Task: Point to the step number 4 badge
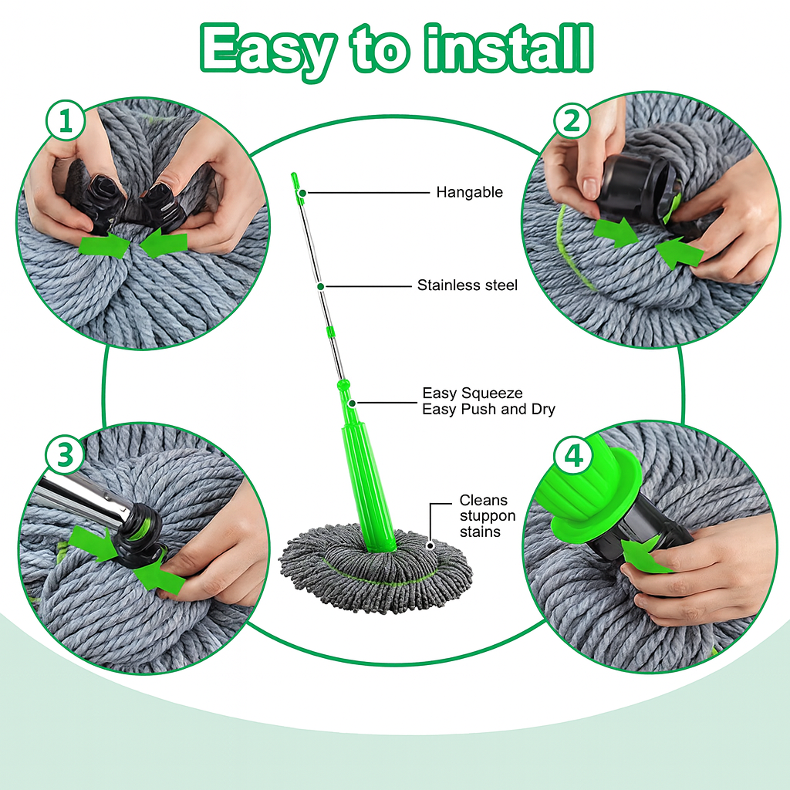[x=573, y=457]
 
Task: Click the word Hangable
[x=469, y=192]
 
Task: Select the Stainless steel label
[x=467, y=285]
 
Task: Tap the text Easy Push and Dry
[x=488, y=410]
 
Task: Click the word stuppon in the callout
[x=487, y=516]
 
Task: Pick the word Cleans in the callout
[x=484, y=501]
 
